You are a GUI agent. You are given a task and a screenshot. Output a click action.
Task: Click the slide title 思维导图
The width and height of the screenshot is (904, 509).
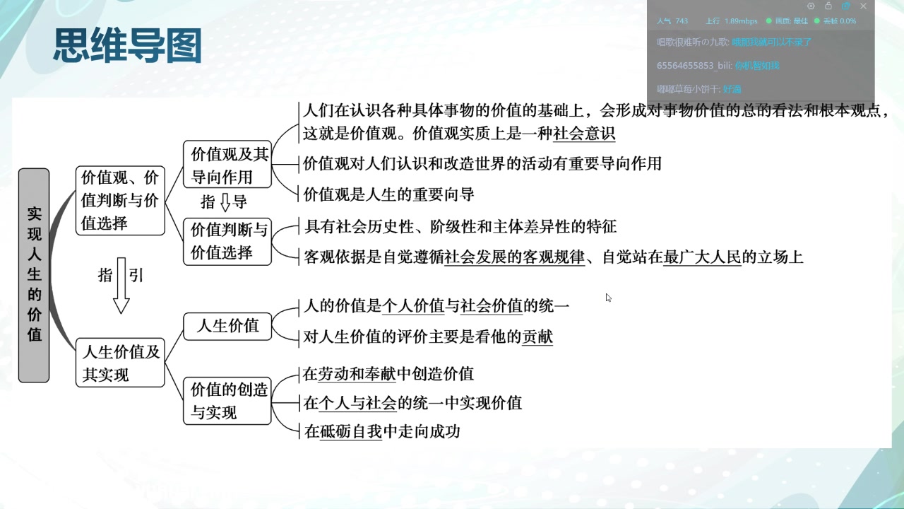(128, 47)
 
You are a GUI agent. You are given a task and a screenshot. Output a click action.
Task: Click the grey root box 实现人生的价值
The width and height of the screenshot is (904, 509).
(34, 275)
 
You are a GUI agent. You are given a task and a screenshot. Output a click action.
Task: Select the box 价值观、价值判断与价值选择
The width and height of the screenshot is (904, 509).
(120, 201)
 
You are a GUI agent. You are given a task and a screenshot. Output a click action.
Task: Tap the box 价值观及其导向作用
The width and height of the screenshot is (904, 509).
(227, 165)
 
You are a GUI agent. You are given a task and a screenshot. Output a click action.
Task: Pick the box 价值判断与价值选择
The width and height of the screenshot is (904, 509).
(227, 241)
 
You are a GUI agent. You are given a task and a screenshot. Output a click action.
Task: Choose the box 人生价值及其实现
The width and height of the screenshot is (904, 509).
(120, 363)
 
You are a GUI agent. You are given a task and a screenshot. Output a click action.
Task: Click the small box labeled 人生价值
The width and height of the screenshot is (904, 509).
(227, 326)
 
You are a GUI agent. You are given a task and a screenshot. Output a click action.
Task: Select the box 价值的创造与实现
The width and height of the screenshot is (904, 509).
(227, 401)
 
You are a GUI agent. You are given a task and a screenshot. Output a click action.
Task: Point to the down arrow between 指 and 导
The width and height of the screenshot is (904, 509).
(225, 203)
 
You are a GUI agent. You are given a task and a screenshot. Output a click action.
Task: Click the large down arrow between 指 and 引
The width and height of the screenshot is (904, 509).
(121, 286)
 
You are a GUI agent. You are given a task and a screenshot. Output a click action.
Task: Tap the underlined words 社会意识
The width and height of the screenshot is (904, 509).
(584, 133)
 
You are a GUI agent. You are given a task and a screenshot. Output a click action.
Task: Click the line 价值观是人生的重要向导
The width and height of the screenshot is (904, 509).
(388, 194)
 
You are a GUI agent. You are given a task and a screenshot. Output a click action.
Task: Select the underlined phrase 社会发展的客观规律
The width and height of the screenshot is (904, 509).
(515, 257)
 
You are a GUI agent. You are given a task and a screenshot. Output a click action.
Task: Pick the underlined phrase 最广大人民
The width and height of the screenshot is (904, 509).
(703, 257)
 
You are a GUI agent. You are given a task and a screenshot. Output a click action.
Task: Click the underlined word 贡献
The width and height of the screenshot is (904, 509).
(537, 337)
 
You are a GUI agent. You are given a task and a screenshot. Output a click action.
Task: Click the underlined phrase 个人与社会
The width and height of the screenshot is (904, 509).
(358, 403)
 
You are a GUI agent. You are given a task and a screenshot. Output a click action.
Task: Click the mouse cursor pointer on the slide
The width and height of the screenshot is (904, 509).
(608, 298)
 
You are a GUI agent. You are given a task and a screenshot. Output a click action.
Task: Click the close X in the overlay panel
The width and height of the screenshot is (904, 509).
(863, 6)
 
